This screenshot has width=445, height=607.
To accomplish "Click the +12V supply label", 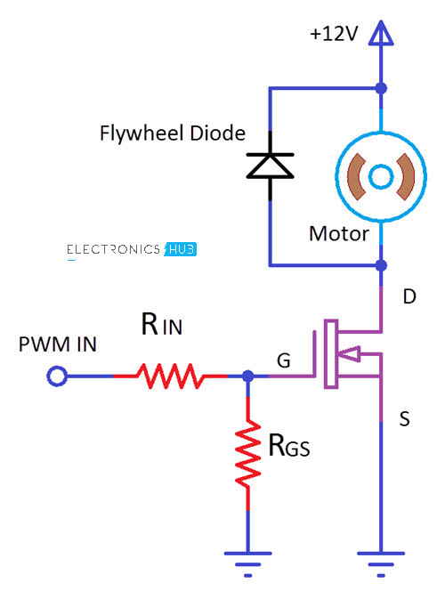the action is pos(334,34).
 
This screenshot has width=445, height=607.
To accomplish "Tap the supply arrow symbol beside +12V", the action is pos(381,33).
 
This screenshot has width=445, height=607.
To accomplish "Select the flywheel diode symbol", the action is pos(270,166).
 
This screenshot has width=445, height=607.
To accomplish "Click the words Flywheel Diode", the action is pos(173,134).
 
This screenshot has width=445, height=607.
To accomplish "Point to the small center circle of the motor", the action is pos(381,176).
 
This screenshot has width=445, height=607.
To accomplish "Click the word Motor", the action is pos(339,234).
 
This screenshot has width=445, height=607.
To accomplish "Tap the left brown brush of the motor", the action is pos(356,176).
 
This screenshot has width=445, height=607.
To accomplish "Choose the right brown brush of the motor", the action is pos(406,176).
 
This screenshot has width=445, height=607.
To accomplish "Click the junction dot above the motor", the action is pos(381,88).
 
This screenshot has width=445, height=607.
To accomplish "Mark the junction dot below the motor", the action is pos(381,265).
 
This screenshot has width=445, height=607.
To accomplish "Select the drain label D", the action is pos(409,297).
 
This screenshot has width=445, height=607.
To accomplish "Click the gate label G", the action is pos(284,360).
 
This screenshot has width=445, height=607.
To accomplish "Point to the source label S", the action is pos(404,419).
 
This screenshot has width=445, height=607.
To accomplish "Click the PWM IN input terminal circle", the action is pos(57,376).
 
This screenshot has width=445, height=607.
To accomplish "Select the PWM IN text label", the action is pos(58,344).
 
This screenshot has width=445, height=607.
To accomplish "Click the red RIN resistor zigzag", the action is pos(170,376).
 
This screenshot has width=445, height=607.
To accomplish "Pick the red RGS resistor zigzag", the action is pos(248,453).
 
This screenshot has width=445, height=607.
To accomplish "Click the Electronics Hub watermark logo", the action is pos(132,249).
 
